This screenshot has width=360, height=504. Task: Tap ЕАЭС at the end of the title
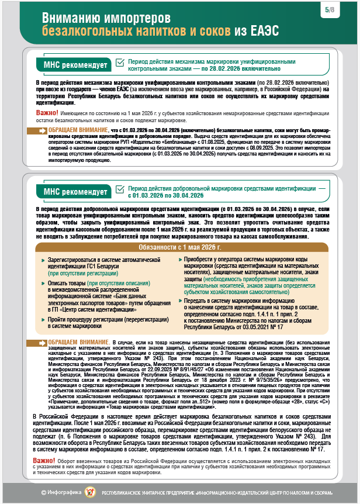point(262,31)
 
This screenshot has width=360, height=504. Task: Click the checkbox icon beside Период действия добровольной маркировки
point(120,189)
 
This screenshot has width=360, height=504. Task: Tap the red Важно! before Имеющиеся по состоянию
point(46,112)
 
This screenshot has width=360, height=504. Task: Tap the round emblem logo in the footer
point(89,493)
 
